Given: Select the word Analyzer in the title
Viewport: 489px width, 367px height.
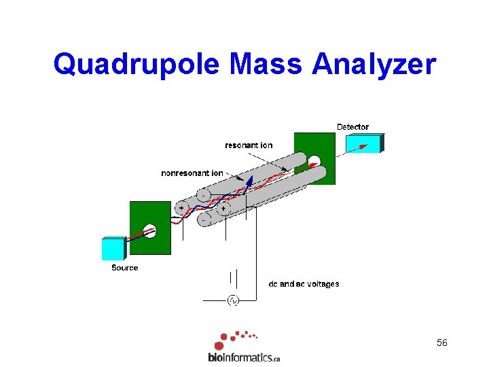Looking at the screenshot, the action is pyautogui.click(x=374, y=65).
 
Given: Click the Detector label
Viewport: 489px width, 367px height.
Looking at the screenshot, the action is pyautogui.click(x=352, y=127).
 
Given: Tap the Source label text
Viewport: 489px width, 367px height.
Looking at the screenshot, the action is pyautogui.click(x=124, y=268).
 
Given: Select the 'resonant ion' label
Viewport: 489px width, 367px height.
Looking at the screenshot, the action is pyautogui.click(x=249, y=145).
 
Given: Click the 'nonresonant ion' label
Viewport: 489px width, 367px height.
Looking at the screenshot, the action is pyautogui.click(x=192, y=173).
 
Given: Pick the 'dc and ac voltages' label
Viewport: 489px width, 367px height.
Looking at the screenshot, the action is pyautogui.click(x=304, y=284).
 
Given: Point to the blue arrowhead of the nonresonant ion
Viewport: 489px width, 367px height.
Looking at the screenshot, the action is pyautogui.click(x=250, y=179).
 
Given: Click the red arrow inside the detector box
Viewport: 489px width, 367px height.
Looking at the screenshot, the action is pyautogui.click(x=363, y=145).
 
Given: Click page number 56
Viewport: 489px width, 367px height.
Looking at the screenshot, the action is pyautogui.click(x=442, y=343).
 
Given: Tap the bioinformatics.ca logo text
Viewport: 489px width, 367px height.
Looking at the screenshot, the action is pyautogui.click(x=244, y=357).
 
